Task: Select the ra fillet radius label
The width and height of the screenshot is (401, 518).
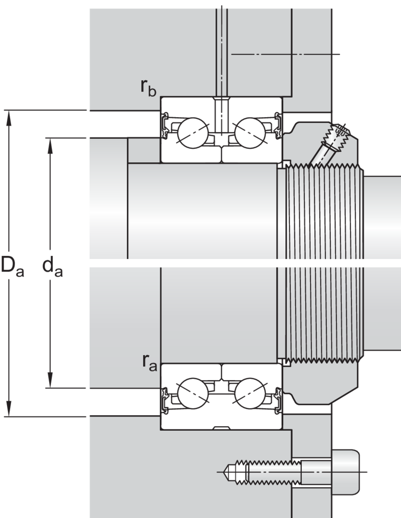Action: pyautogui.click(x=149, y=362)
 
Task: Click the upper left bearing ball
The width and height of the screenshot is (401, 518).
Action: pyautogui.click(x=193, y=133)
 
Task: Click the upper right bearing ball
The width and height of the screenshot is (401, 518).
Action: pyautogui.click(x=250, y=133)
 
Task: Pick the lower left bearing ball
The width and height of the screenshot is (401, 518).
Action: pyautogui.click(x=193, y=393)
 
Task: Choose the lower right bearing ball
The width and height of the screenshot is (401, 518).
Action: pyautogui.click(x=250, y=393)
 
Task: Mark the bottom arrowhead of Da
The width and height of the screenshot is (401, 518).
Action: pyautogui.click(x=9, y=408)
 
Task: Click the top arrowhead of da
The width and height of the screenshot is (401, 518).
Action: pyautogui.click(x=50, y=146)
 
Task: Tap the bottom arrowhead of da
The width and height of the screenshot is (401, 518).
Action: pyautogui.click(x=50, y=380)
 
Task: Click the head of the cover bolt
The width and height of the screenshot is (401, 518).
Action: pyautogui.click(x=345, y=472)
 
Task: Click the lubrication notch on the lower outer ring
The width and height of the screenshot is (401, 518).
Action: pyautogui.click(x=222, y=428)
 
